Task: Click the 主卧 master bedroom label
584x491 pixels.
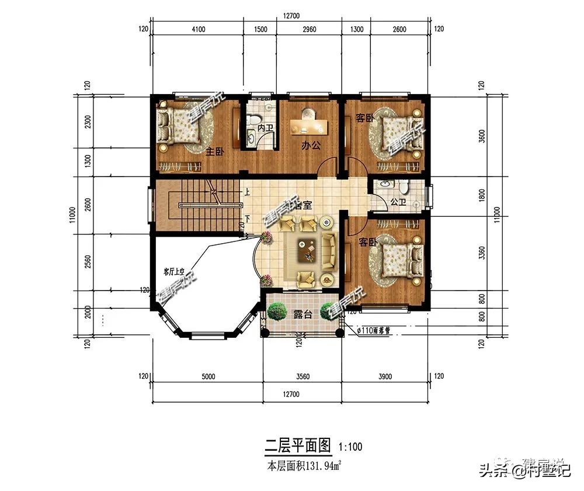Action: coord(215,151)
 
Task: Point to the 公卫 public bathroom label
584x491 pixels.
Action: coord(398,202)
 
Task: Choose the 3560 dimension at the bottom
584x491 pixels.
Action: coord(302,376)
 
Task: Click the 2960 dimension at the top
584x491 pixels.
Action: coord(310,29)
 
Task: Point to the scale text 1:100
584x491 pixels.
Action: coord(350,448)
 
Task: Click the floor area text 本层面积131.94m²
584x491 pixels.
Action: coord(304,466)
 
